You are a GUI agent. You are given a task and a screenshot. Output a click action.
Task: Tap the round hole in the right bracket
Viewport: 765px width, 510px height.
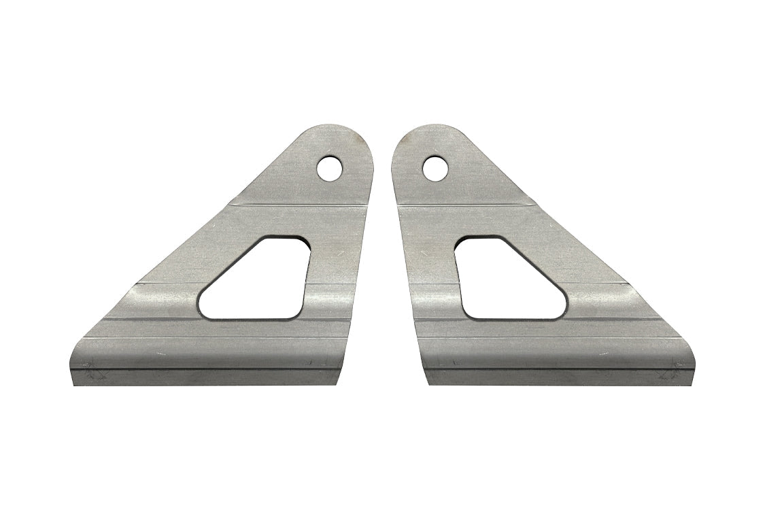pos(433,167)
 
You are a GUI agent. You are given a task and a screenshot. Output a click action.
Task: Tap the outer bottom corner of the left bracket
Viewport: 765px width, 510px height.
pos(73,382)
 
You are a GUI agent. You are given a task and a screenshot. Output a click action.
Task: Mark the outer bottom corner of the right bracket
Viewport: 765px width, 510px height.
pos(692,382)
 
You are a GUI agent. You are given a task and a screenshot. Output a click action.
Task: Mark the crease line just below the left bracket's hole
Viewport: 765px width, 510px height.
pos(299,203)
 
